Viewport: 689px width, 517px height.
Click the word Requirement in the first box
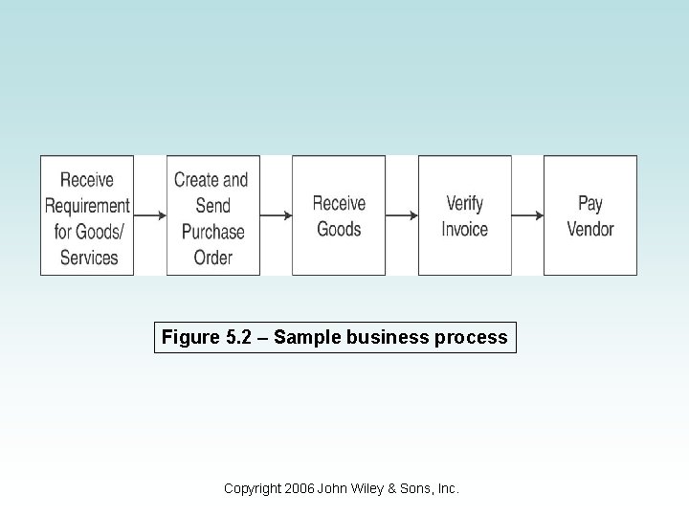(87, 206)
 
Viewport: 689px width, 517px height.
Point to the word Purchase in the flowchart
(213, 232)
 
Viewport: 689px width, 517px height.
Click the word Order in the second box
(213, 258)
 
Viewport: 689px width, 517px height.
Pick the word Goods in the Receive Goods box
(339, 230)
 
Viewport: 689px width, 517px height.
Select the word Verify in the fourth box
(465, 204)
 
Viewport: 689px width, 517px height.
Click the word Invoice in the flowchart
(465, 230)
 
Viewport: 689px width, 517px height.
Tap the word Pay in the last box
(590, 204)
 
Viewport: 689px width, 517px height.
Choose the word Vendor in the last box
(590, 230)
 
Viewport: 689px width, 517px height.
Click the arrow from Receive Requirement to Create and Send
(150, 216)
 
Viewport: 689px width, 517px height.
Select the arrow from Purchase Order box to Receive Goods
(276, 216)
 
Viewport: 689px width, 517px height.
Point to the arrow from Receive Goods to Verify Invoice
(402, 216)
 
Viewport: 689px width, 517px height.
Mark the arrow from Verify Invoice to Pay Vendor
(527, 216)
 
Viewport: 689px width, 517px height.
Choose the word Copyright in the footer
(253, 488)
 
